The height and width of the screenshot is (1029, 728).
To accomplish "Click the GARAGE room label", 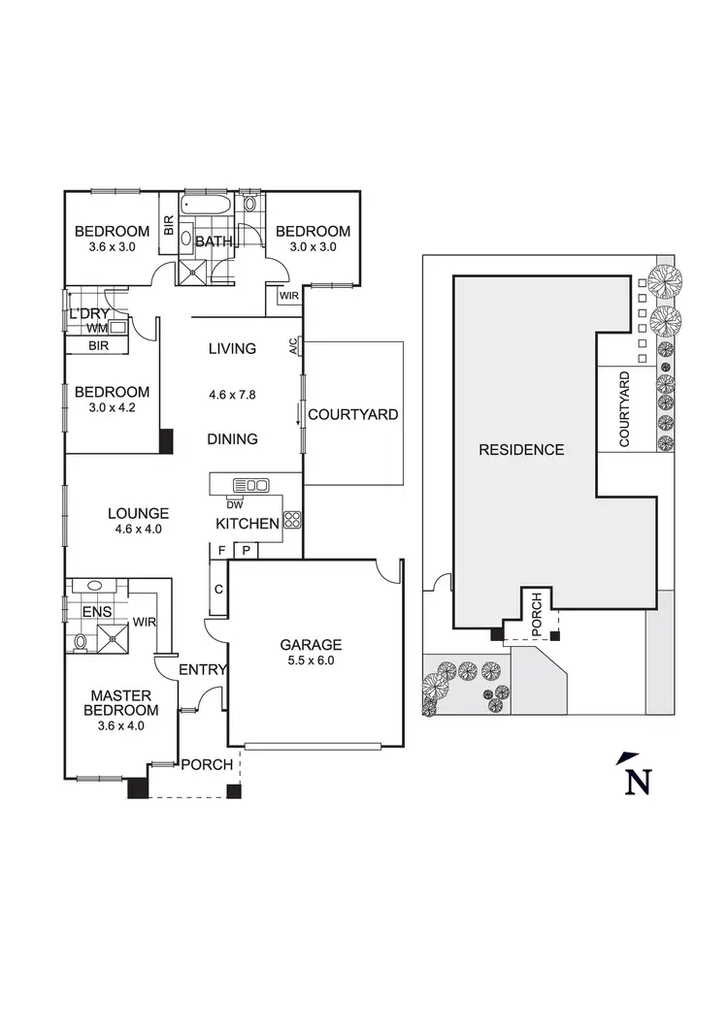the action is click(x=311, y=644).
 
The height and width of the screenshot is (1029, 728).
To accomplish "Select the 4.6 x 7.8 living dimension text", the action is click(x=231, y=395).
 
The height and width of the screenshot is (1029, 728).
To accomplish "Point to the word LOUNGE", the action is click(x=138, y=514).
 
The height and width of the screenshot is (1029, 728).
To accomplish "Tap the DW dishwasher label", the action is click(x=234, y=504).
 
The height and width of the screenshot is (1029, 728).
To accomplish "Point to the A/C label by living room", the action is click(x=293, y=346).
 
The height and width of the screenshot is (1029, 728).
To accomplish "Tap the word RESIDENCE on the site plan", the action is click(x=521, y=450).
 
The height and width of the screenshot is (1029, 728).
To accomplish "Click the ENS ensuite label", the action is click(x=95, y=612).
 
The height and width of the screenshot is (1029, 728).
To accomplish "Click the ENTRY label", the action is click(x=204, y=669).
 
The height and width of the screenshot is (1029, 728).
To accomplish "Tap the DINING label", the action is click(x=232, y=439).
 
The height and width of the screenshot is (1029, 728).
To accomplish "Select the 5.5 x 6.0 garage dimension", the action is click(x=311, y=661).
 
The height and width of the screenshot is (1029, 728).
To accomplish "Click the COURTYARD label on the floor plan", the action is click(x=353, y=415).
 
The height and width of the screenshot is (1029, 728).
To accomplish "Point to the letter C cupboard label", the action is click(x=218, y=590).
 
